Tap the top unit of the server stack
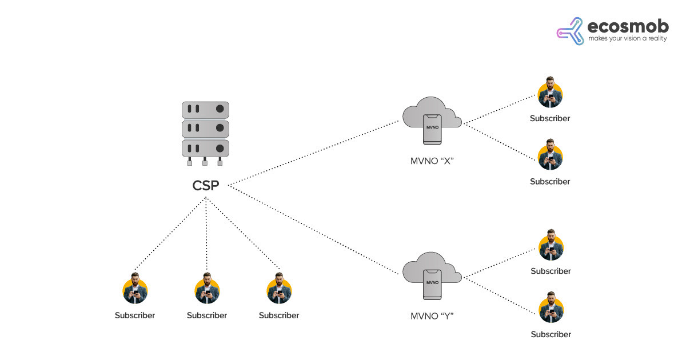205,109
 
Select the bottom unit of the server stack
205,148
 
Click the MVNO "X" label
432,160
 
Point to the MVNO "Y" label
432,315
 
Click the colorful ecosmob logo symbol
570,31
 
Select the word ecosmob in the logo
627,26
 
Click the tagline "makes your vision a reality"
627,39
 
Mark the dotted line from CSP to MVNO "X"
314,152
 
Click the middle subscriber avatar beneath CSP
206,290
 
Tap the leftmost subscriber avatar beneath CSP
135,290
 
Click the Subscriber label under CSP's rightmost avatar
279,315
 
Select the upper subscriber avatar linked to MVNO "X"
551,94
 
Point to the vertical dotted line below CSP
206,234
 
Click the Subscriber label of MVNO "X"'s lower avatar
550,182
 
